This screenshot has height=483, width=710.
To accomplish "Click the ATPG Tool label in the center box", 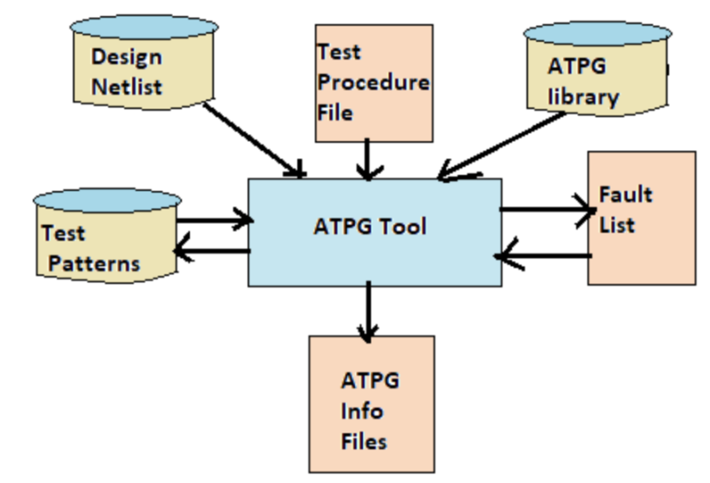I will (x=370, y=226).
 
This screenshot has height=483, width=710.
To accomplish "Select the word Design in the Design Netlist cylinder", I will (x=127, y=58).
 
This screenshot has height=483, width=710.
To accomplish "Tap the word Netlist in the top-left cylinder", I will (x=128, y=86).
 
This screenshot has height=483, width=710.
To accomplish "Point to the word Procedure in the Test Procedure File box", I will (x=373, y=83).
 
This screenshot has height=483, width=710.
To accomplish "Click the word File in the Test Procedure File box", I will (x=335, y=113).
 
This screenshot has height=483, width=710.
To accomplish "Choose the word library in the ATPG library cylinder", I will (x=583, y=97).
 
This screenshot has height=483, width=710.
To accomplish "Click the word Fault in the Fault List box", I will (x=626, y=194).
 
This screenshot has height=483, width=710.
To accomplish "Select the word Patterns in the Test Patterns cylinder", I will (x=94, y=263).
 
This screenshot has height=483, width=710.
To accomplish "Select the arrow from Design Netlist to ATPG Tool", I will (x=252, y=137).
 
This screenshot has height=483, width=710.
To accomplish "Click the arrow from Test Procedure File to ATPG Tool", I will (x=368, y=160).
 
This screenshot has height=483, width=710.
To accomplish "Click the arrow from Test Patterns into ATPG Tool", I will (x=213, y=218).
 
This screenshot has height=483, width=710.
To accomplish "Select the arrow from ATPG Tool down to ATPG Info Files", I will (x=367, y=312).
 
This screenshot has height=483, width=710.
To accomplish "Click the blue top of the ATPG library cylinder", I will (x=596, y=33).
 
